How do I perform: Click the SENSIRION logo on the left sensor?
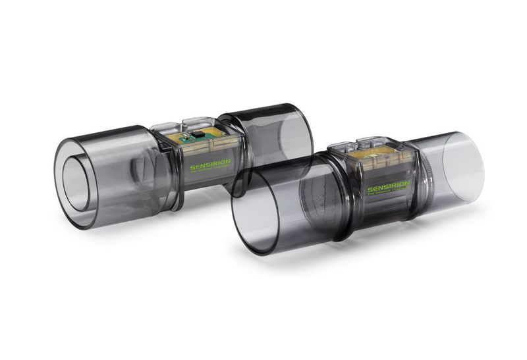[210, 167]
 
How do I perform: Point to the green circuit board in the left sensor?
[198, 139]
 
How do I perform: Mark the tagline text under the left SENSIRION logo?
[211, 172]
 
